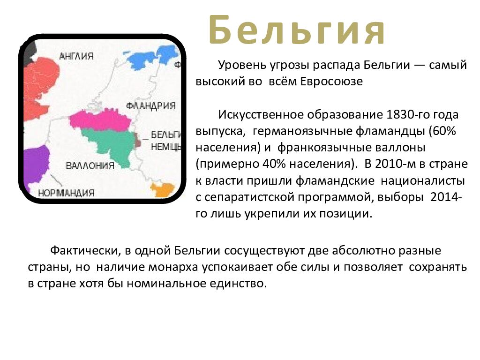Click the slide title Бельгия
[297, 30]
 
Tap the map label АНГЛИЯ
[76, 56]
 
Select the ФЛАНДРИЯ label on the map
[151, 105]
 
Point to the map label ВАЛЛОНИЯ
[90, 165]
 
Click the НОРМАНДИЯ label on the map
[66, 193]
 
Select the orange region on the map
[162, 190]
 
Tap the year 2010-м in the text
[390, 164]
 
